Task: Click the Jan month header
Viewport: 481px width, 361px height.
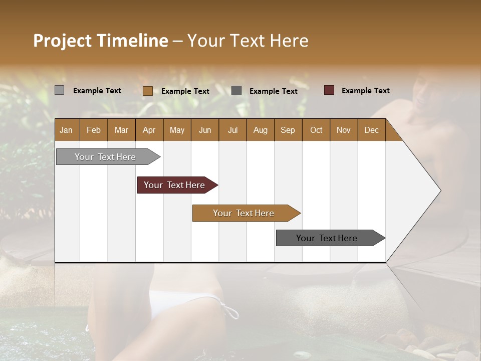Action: coord(66,130)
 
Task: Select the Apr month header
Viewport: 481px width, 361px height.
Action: coord(149,130)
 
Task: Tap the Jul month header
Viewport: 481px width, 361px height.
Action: coord(232,130)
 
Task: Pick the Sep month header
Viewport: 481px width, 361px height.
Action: coord(288,130)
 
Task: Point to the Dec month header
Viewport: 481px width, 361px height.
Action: coord(371,130)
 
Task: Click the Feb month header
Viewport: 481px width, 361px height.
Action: coord(94,130)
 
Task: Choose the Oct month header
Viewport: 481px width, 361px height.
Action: coord(316,130)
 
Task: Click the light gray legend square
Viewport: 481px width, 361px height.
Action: coord(59,90)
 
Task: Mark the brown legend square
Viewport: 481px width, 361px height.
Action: coord(147,91)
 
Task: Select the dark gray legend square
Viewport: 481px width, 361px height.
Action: coord(236,90)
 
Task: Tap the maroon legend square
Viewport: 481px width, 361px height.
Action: coord(329,90)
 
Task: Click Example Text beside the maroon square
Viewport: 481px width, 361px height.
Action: coord(365,90)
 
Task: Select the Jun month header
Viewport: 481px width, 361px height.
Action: coord(205,130)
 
